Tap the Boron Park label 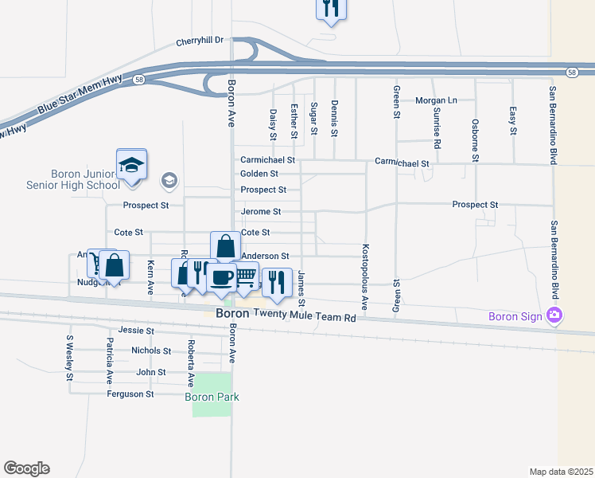click(x=212, y=397)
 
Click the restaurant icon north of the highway click(x=330, y=9)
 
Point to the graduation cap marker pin click(x=131, y=166)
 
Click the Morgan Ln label click(x=437, y=100)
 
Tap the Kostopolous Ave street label click(x=365, y=276)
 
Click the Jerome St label click(x=261, y=212)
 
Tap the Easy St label click(x=513, y=119)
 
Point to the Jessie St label click(x=134, y=329)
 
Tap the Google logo click(x=26, y=468)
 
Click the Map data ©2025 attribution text click(x=561, y=472)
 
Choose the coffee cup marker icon click(x=220, y=278)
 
